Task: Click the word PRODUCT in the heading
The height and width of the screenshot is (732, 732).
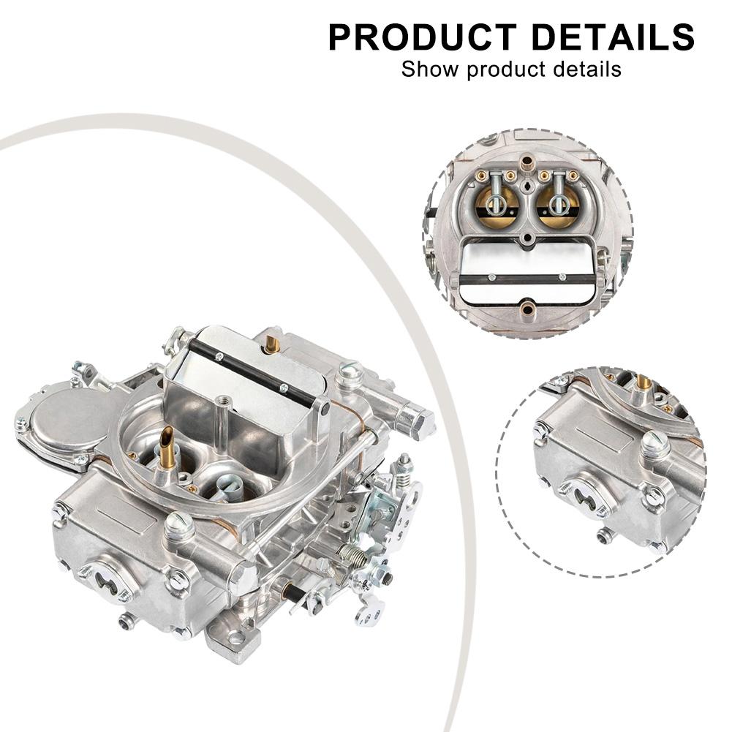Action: coord(423,37)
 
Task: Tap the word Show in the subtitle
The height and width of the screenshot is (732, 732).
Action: coord(430,69)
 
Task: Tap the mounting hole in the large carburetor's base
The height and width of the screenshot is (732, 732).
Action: coord(234,638)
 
